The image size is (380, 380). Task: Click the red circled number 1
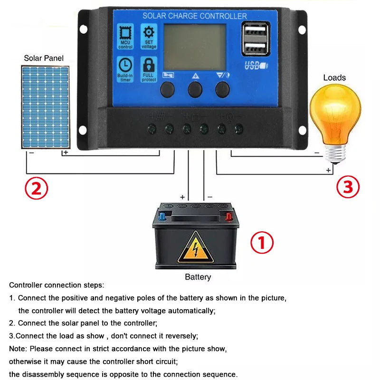click(262, 243)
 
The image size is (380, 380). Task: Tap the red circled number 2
click(37, 188)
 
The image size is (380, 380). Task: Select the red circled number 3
click(348, 187)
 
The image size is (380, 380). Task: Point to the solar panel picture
click(45, 107)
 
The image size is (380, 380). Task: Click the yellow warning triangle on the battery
click(195, 247)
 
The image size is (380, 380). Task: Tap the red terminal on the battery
click(228, 217)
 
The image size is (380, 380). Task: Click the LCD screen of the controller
click(195, 46)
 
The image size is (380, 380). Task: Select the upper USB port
click(252, 31)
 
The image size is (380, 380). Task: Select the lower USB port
click(252, 47)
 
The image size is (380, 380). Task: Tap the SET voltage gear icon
click(149, 33)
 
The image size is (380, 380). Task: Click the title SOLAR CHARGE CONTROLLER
click(195, 16)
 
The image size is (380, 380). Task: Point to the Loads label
click(334, 77)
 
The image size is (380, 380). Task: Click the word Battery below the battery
click(198, 277)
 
